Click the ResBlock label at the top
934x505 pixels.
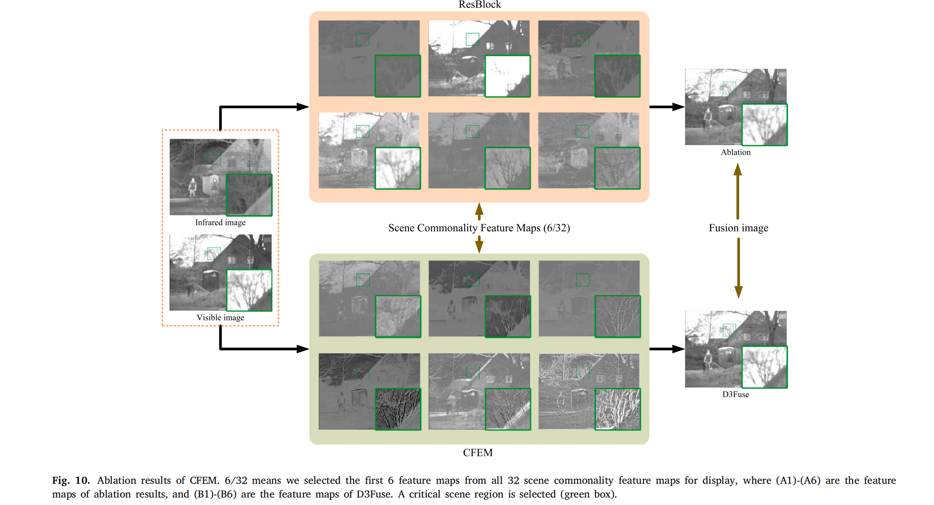coord(479,5)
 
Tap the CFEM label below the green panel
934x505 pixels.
coord(478,452)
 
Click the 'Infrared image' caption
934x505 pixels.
coord(220,222)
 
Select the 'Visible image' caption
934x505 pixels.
coord(220,317)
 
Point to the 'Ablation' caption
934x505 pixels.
coord(735,152)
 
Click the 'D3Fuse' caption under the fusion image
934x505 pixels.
coord(735,395)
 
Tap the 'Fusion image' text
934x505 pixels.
coord(738,228)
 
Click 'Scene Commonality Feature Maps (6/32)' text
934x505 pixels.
coord(479,228)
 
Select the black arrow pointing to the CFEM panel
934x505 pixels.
coord(263,348)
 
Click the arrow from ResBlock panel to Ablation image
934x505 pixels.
coord(667,107)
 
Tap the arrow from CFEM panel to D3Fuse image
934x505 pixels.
coord(667,349)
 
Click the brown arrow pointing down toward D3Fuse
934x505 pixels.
coord(738,269)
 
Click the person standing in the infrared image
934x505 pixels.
coord(192,187)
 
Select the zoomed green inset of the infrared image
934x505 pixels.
coord(249,195)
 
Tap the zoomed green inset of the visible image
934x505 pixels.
coord(249,290)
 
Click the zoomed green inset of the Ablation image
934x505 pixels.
coord(764,125)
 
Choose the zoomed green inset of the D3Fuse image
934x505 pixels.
coord(764,367)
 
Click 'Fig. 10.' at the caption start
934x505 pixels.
coord(71,480)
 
